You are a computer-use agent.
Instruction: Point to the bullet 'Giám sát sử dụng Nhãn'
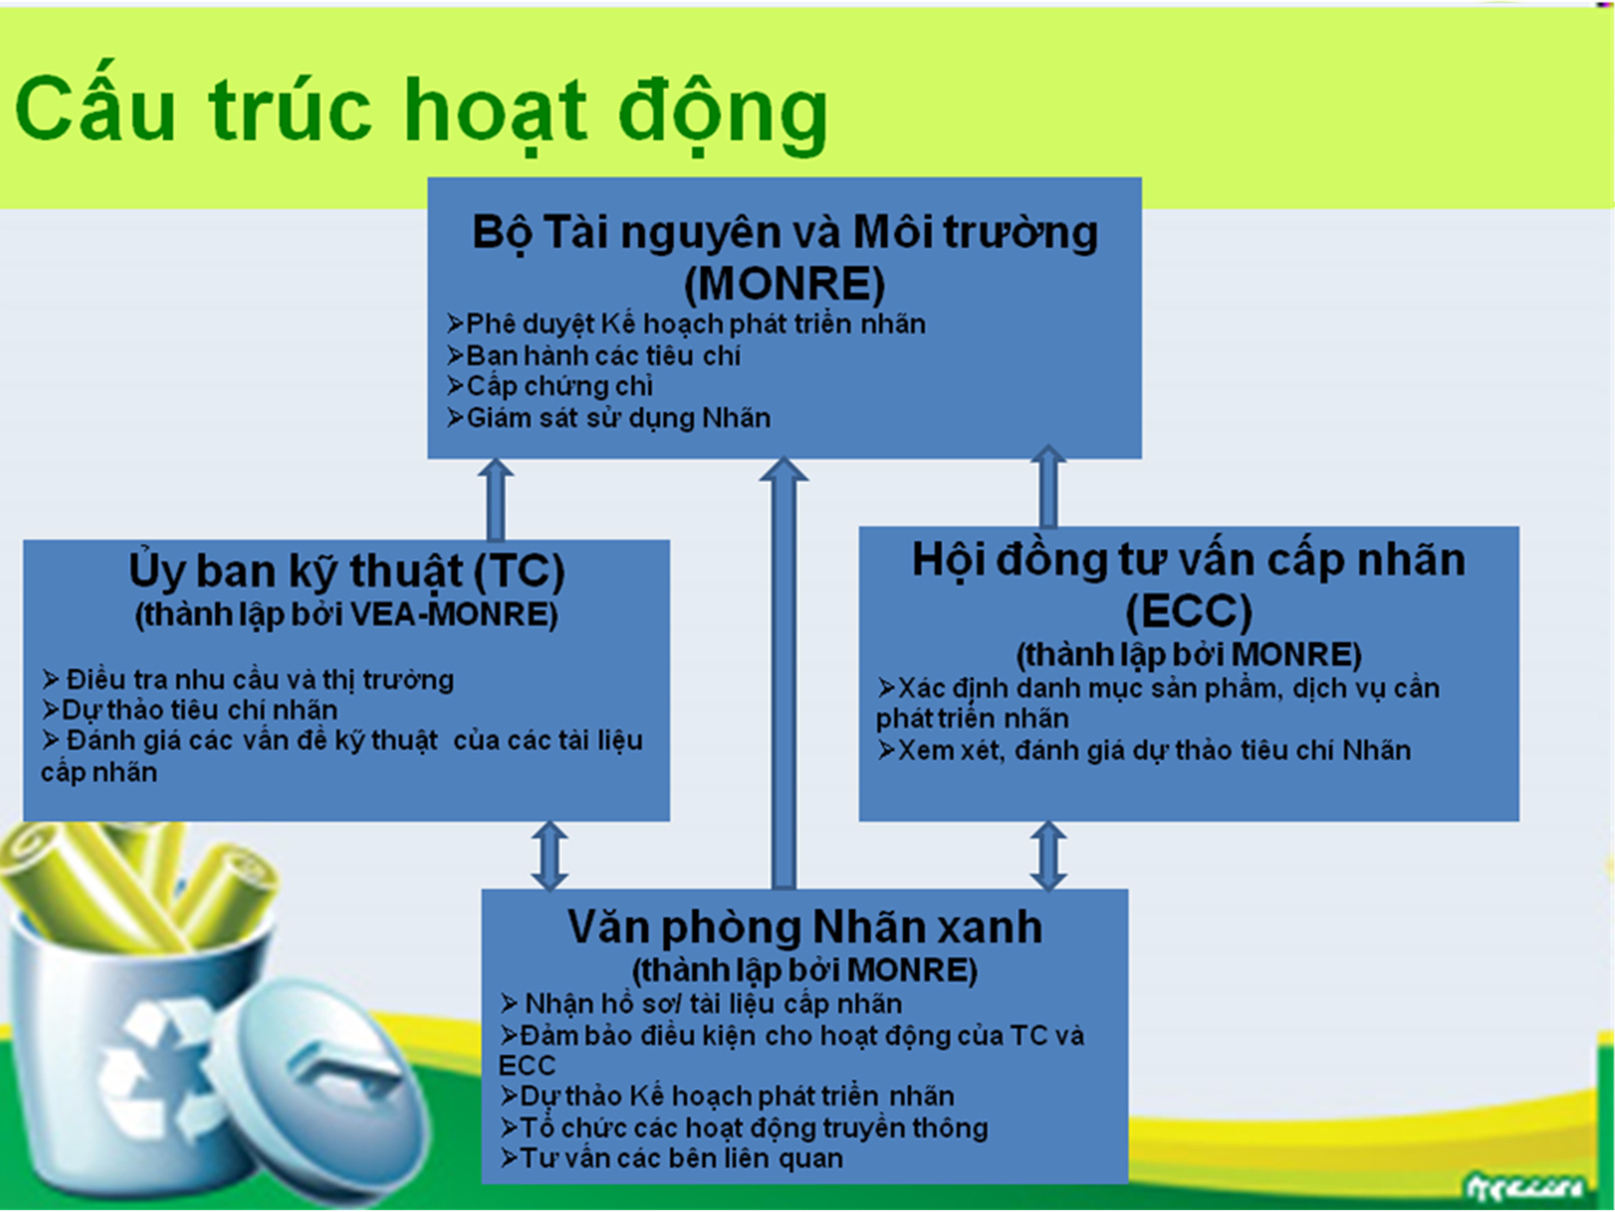(x=609, y=418)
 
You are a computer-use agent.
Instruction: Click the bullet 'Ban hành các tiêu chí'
(x=594, y=356)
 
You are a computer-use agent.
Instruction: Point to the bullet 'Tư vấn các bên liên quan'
(x=672, y=1158)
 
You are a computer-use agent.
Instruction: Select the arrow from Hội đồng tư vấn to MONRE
(x=1048, y=486)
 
